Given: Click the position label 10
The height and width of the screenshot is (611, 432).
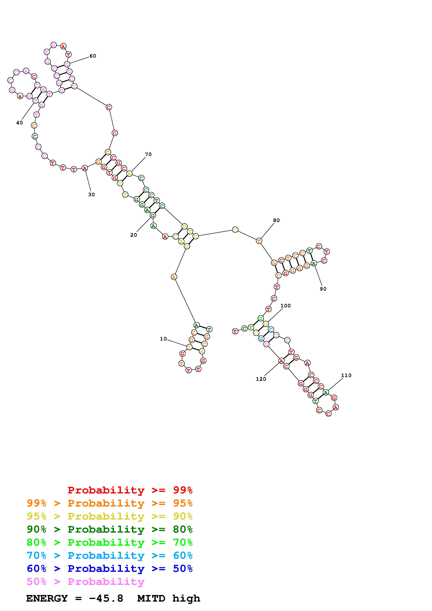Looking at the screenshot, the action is [163, 339].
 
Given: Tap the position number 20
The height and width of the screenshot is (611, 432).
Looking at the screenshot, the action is [134, 235].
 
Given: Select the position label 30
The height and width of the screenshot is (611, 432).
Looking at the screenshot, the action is [91, 195].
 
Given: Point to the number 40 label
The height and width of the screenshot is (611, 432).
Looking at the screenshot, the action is [20, 123].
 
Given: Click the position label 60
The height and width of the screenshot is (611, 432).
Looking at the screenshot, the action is [93, 56].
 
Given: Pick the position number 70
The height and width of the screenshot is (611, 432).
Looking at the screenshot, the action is [148, 154].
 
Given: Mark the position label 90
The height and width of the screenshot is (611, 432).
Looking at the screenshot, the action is [323, 289].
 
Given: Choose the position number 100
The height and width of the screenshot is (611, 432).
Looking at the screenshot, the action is [286, 306].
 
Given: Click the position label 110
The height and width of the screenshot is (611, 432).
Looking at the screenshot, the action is [346, 376].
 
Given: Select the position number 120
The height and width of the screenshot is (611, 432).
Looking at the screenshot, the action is [261, 379].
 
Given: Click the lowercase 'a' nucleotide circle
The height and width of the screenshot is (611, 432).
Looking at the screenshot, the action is [20, 96].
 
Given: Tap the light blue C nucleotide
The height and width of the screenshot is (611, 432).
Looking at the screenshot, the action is [271, 330].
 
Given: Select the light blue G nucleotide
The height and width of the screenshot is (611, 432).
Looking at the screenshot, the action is [261, 339].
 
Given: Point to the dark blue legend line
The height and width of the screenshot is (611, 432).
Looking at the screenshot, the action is [110, 569].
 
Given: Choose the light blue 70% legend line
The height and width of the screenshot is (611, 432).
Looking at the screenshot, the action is [110, 555].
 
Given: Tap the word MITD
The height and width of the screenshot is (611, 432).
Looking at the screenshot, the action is [151, 598].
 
